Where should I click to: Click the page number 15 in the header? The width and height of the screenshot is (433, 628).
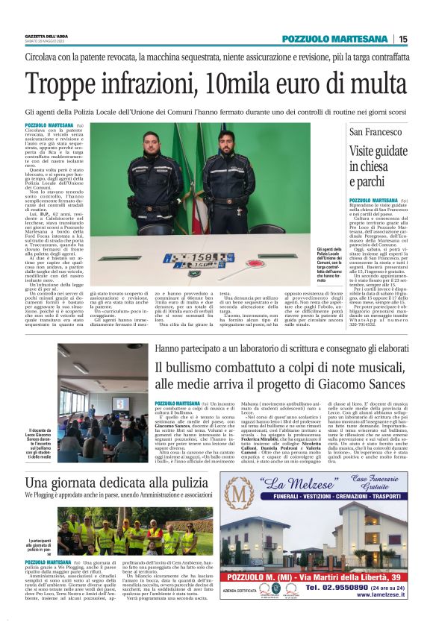[x=402, y=39]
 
